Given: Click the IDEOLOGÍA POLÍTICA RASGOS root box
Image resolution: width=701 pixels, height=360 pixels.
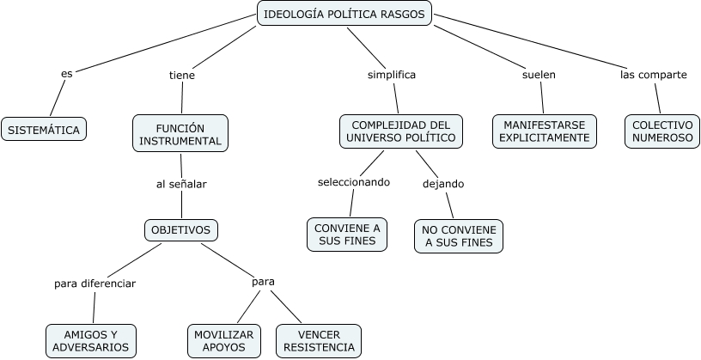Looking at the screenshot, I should pyautogui.click(x=344, y=14).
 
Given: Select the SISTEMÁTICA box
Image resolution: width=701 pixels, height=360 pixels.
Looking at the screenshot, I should pyautogui.click(x=44, y=130).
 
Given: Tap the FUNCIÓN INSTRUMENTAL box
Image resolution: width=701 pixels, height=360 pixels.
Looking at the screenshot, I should pyautogui.click(x=180, y=134).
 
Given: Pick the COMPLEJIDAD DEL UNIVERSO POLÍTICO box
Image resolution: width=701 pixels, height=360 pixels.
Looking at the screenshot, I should pyautogui.click(x=401, y=131).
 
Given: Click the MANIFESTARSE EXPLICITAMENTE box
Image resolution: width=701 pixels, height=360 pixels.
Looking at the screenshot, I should pyautogui.click(x=545, y=131).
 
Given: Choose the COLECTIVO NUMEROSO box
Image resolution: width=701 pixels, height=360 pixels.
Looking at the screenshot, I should pyautogui.click(x=661, y=131).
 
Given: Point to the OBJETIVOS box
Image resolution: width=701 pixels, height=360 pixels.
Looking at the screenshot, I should pyautogui.click(x=181, y=230).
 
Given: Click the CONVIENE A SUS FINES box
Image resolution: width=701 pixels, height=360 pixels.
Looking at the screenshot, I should pyautogui.click(x=347, y=235).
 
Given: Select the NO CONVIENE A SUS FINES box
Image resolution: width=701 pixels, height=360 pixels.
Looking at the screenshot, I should pyautogui.click(x=459, y=235).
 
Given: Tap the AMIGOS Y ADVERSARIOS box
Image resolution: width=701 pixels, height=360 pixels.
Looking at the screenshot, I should pyautogui.click(x=90, y=340).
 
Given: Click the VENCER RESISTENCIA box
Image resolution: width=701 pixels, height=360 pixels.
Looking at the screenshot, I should pyautogui.click(x=318, y=340).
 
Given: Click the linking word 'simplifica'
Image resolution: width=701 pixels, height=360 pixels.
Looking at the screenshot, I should pyautogui.click(x=392, y=75).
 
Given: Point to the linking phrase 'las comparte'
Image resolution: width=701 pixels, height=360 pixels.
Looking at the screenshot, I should pyautogui.click(x=653, y=75).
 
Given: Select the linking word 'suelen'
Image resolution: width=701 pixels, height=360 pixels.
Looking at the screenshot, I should pyautogui.click(x=539, y=75).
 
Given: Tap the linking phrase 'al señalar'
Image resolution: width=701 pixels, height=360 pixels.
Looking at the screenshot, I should pyautogui.click(x=181, y=183).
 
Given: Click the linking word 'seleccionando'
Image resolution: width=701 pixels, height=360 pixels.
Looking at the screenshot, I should pyautogui.click(x=354, y=182).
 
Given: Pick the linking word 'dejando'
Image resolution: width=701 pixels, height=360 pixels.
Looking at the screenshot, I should pyautogui.click(x=443, y=183).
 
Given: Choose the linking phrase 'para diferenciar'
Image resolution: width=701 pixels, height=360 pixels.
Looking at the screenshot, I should pyautogui.click(x=94, y=283).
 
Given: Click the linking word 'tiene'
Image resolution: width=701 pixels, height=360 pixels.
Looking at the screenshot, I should pyautogui.click(x=182, y=76).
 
